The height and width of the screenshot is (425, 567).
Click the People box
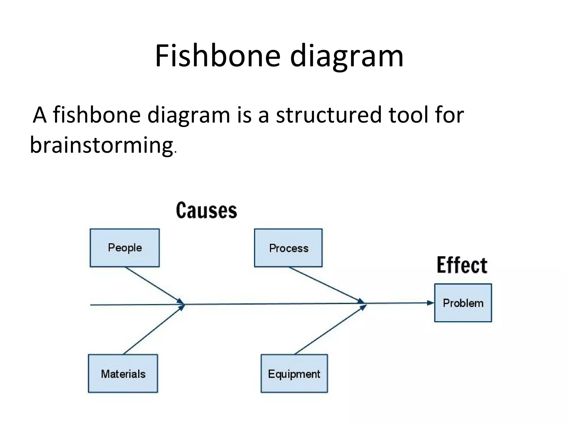pos(125,248)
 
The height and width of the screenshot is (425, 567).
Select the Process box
pos(288,248)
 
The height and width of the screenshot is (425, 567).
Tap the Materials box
pos(123,373)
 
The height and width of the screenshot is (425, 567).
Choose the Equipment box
pos(294,373)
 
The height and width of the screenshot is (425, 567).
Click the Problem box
pos(463,303)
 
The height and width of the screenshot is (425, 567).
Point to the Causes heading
pos(207,211)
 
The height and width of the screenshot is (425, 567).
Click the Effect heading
pos(462,265)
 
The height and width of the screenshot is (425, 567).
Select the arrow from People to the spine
pos(154,285)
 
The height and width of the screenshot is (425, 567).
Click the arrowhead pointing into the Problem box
pos(431,303)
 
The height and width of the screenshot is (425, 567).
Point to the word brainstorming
pos(101,145)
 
